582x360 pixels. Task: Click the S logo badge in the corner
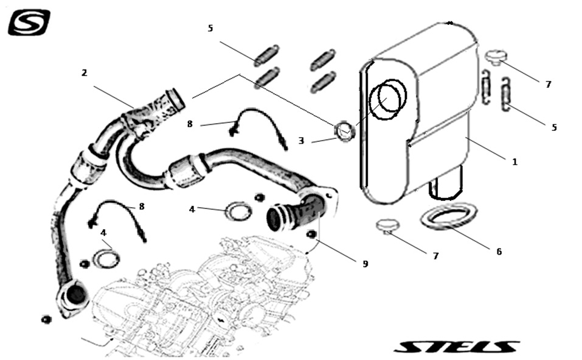click(29, 23)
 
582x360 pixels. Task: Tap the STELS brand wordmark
click(456, 346)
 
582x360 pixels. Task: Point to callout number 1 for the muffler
click(514, 162)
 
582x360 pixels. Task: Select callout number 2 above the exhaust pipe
click(84, 73)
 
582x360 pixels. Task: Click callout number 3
click(301, 141)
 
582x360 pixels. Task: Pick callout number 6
click(499, 251)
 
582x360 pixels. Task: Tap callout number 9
click(365, 264)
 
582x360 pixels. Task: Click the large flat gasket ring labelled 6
click(449, 216)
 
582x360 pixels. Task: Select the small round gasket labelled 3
click(344, 130)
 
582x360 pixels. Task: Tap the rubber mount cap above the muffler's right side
click(496, 57)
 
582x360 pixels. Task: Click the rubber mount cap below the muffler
click(385, 226)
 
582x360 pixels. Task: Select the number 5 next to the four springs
click(210, 29)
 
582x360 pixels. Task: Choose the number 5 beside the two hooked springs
click(554, 127)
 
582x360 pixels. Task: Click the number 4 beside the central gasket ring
click(192, 209)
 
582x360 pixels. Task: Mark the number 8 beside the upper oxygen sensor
click(190, 124)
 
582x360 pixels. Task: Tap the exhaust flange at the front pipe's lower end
click(74, 296)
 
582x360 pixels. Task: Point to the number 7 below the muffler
click(435, 256)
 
